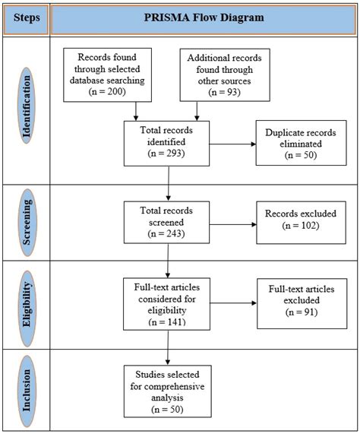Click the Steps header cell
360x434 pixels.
coord(27,19)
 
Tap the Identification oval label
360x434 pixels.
coord(27,106)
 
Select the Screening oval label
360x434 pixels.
coord(27,222)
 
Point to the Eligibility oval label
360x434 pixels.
coord(27,309)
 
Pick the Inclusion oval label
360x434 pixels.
coord(27,390)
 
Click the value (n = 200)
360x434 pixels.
coord(107,91)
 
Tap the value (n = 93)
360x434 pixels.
coord(224,92)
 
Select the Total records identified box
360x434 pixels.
coord(166,144)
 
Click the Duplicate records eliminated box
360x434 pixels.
coord(301,143)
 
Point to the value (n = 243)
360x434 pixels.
coord(166,233)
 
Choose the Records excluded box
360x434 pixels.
coord(301,223)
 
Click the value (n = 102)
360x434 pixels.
coord(301,225)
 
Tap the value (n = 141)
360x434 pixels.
coord(167,322)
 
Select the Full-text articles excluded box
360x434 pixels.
coord(302,303)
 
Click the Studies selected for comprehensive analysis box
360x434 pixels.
coord(167,391)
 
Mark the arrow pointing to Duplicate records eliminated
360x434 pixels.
coord(232,144)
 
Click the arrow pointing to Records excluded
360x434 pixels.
coord(233,224)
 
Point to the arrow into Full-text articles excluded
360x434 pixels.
coord(233,303)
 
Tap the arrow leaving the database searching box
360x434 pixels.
coord(136,111)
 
